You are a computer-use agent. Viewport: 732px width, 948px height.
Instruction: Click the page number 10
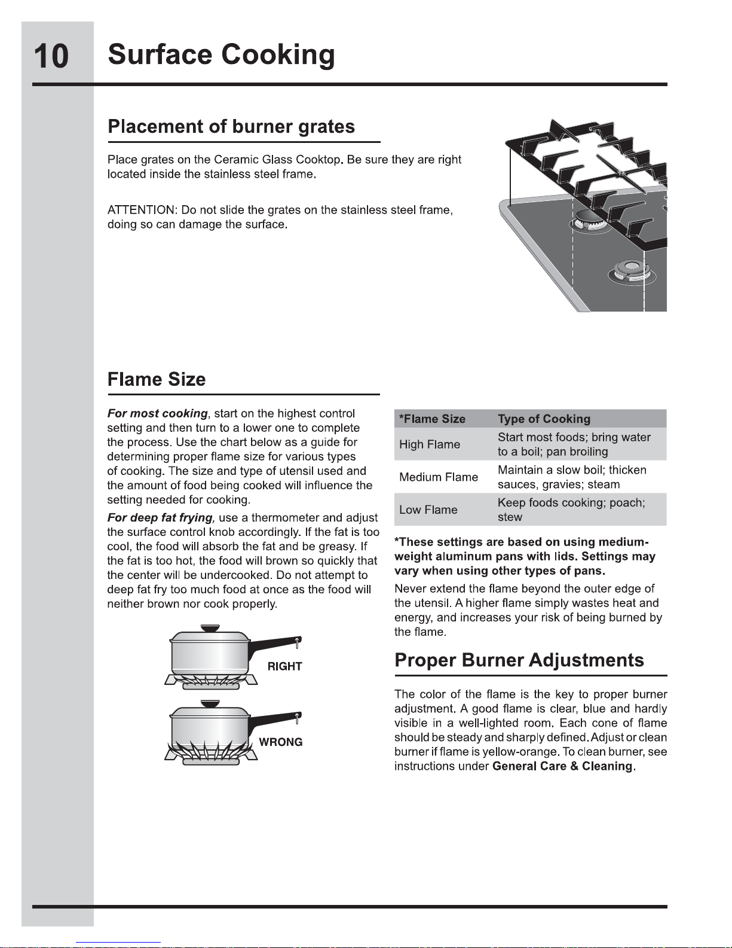click(51, 56)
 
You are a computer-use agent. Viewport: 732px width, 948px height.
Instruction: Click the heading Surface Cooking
click(221, 55)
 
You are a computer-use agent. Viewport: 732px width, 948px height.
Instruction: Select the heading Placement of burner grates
click(231, 127)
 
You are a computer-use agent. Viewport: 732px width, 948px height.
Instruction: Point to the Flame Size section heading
click(157, 379)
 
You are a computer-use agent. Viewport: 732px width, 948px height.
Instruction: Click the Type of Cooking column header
click(544, 419)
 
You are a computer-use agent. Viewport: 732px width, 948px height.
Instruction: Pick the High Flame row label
click(430, 444)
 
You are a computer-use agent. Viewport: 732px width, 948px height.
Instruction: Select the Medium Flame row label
click(439, 477)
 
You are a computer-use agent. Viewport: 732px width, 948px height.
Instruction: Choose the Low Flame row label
click(428, 510)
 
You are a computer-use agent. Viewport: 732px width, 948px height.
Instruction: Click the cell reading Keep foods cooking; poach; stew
click(571, 510)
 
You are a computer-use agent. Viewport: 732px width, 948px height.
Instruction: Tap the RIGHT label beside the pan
click(284, 666)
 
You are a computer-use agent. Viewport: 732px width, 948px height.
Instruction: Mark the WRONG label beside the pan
click(280, 742)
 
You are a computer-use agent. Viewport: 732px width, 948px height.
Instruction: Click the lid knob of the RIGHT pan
click(209, 628)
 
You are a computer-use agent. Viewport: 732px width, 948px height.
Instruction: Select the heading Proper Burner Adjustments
click(519, 660)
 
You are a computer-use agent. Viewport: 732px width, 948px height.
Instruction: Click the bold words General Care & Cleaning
click(562, 766)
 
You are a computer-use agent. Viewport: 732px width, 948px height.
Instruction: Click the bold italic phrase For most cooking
click(157, 413)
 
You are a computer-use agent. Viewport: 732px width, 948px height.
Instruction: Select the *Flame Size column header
click(432, 419)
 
